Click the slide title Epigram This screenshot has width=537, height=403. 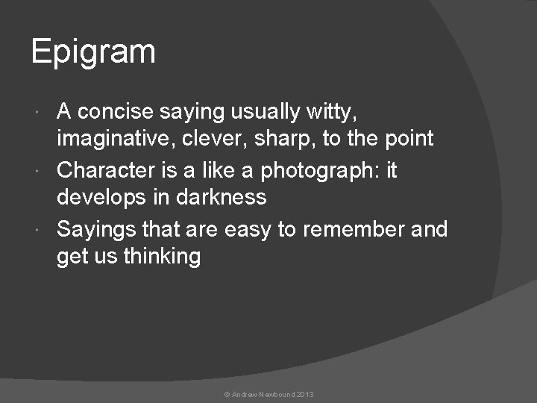93,53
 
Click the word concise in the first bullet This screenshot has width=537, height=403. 116,112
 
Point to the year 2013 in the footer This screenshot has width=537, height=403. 305,393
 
